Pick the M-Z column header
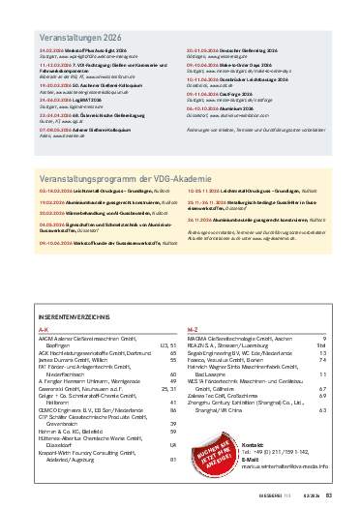tap(192, 302)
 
